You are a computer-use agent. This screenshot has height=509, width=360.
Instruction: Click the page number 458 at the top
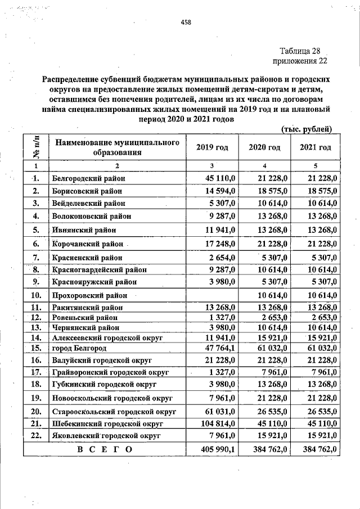click(x=186, y=22)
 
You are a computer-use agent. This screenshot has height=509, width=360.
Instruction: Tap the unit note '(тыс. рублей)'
click(x=307, y=129)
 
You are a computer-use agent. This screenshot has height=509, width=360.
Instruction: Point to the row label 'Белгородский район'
click(x=88, y=178)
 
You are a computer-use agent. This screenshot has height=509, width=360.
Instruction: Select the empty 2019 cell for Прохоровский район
click(x=212, y=295)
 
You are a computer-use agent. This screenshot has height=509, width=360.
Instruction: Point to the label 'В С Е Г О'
click(x=105, y=449)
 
